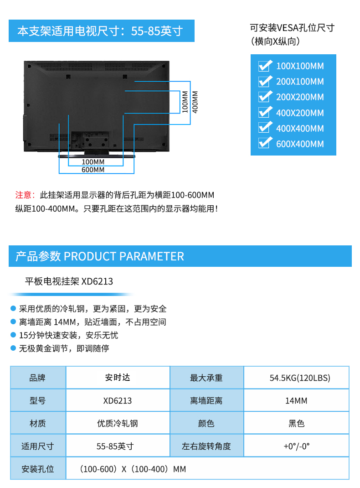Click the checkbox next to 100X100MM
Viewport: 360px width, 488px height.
pos(265,66)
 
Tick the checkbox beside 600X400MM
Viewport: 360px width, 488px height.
pos(265,144)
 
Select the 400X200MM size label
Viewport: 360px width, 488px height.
pos(300,113)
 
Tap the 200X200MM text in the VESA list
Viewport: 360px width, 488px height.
pos(300,97)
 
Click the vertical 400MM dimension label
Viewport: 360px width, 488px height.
pos(195,102)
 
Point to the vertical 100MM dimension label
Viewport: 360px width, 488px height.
pos(185,102)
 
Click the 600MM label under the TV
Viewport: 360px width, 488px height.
pos(93,170)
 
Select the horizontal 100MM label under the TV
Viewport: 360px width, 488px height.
pos(93,162)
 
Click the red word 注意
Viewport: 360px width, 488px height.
pos(23,195)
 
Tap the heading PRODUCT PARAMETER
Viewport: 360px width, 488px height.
pos(124,256)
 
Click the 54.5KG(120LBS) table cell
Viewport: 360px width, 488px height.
pos(297,378)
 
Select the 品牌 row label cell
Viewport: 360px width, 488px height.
pos(38,378)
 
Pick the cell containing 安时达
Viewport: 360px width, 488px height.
pos(118,378)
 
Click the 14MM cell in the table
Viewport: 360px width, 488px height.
pos(297,400)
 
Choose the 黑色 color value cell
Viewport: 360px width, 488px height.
pos(297,423)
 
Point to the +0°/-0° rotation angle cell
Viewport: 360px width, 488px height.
pos(297,446)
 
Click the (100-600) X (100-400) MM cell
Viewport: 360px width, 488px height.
pos(207,469)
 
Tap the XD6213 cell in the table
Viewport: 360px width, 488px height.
pos(118,400)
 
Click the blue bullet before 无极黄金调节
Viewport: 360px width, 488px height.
pos(13,348)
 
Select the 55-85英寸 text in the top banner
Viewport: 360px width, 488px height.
pos(157,31)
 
